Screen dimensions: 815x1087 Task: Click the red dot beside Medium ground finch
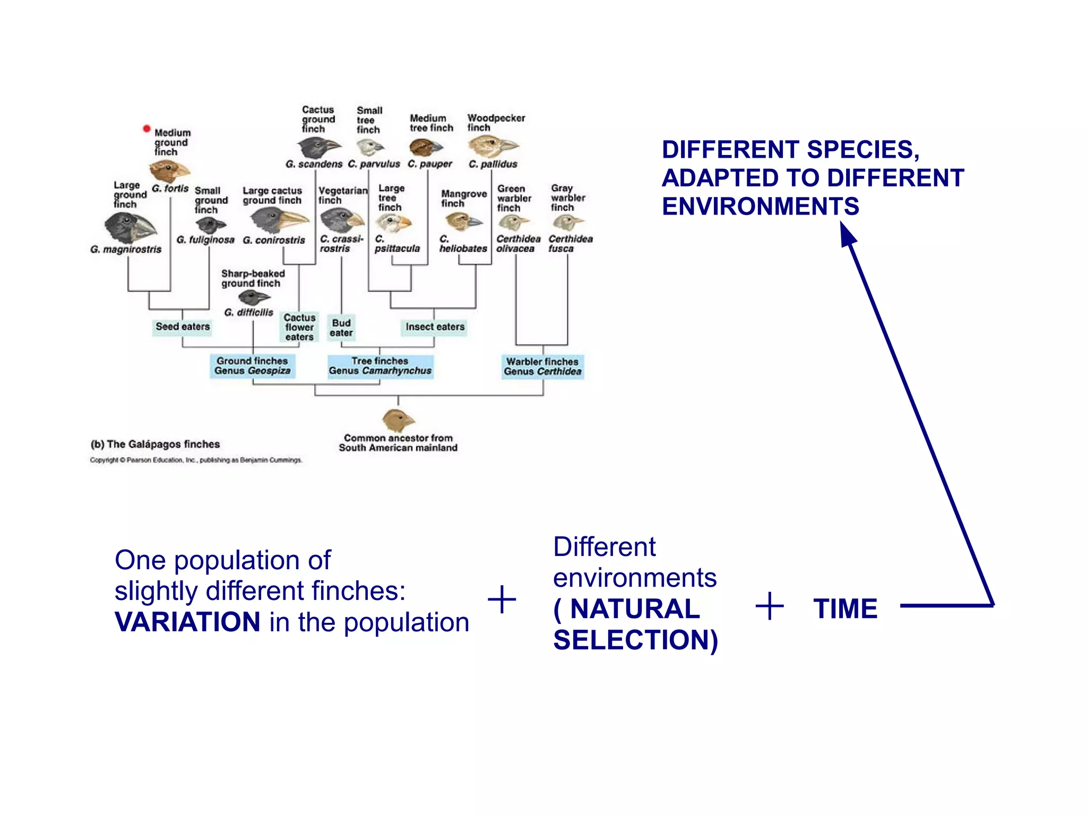point(146,128)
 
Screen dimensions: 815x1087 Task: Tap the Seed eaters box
point(183,327)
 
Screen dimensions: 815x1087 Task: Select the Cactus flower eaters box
point(299,327)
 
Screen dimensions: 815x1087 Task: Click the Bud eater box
point(341,328)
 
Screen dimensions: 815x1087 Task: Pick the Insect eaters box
point(435,327)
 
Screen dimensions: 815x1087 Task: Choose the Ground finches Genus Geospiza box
point(252,366)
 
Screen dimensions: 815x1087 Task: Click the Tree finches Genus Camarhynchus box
point(380,366)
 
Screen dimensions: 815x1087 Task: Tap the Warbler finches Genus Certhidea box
point(542,366)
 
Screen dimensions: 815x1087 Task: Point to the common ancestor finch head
point(398,421)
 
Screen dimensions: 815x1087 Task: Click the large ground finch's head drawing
point(130,227)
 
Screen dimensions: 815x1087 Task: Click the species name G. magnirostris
point(126,249)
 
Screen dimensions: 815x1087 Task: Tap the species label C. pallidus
point(493,164)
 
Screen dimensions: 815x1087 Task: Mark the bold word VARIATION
point(187,622)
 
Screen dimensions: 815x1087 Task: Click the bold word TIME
point(846,608)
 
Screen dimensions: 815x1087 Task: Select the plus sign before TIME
point(769,606)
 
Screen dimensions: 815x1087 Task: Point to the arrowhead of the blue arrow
point(847,234)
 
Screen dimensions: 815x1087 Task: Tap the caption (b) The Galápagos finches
point(155,444)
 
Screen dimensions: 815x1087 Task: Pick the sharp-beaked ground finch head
point(254,297)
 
